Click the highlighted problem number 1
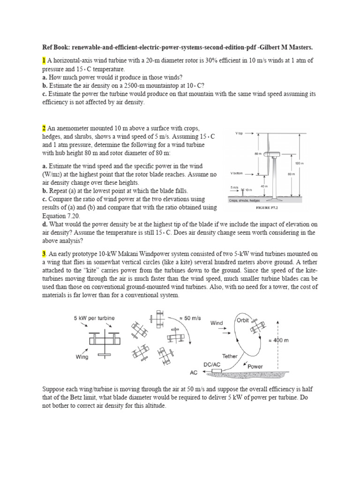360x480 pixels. coord(44,61)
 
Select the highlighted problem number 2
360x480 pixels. coord(44,128)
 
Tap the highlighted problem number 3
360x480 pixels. coord(44,254)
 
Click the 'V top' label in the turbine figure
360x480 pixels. coord(239,133)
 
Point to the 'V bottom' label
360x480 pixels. coord(238,173)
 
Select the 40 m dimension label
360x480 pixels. coord(264,187)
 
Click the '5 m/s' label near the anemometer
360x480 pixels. coord(234,187)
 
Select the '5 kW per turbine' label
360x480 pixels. coord(94,318)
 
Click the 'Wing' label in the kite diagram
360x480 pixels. coord(82,356)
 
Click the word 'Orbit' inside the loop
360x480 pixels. coord(243,321)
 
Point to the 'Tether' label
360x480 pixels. coord(230,356)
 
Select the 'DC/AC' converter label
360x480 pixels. coord(211,364)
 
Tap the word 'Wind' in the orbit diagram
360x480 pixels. coord(217,323)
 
